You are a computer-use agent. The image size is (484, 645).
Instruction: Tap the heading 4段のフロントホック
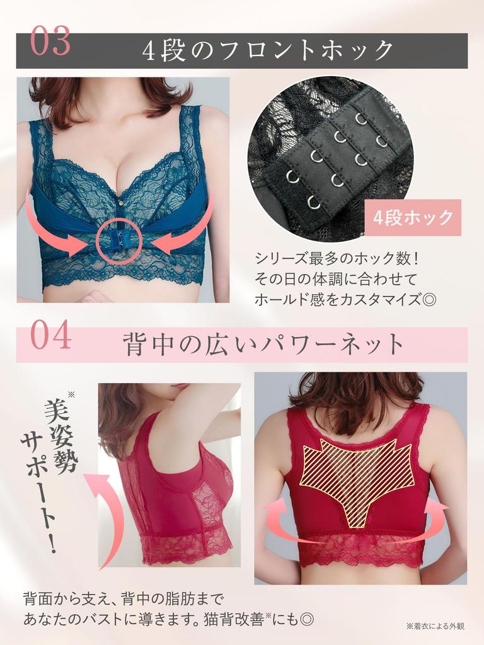coord(268,50)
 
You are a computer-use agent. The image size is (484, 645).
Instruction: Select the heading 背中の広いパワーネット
coord(263,345)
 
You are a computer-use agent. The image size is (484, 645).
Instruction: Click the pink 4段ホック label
coord(413,218)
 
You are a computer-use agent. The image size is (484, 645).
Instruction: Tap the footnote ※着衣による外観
coord(435,626)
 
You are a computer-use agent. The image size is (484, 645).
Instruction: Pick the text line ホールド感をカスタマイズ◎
coord(345,299)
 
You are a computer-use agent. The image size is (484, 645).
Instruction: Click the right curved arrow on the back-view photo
coord(435,510)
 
